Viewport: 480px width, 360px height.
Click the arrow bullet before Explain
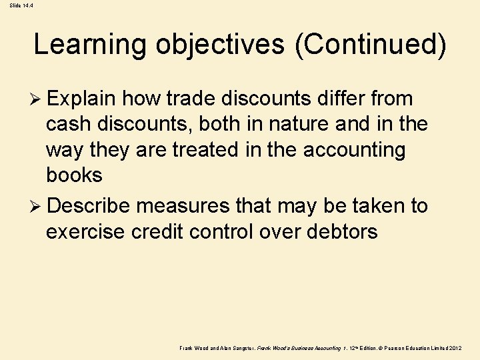tap(38, 99)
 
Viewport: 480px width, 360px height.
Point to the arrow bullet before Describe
tap(38, 206)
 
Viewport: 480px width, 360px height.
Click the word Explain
tap(83, 99)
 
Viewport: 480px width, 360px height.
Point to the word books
tap(74, 175)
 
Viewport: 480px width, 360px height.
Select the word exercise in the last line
tap(87, 231)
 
